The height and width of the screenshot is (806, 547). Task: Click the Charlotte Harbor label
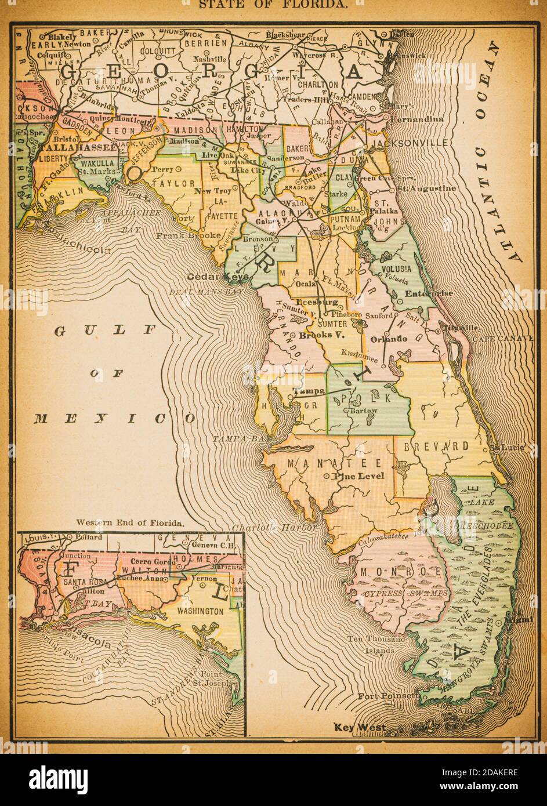point(275,528)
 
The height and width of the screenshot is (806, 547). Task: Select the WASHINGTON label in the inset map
point(200,611)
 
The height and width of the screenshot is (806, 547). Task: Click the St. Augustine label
point(426,189)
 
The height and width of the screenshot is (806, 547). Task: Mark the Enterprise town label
point(429,293)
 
